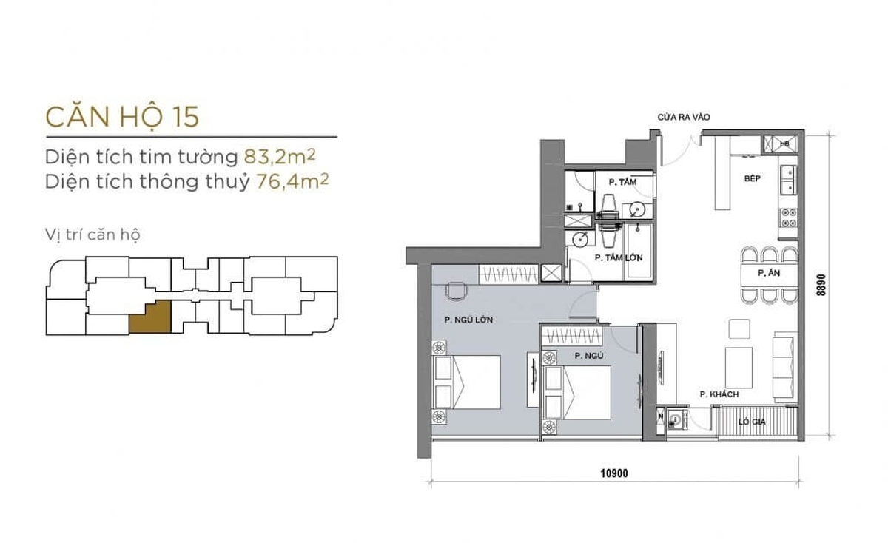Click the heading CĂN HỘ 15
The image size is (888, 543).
pos(122,117)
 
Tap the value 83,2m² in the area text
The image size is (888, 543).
pos(280,156)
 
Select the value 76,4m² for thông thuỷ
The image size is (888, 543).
pos(292,181)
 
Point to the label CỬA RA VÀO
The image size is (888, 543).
pos(684,118)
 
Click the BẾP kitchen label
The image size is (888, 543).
pos(753,178)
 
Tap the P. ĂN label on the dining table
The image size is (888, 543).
pos(769,273)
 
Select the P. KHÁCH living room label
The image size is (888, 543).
pos(719,394)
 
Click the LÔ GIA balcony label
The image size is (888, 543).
pos(752,422)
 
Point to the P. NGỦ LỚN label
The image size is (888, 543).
pos(468,320)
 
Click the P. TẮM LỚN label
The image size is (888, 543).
pos(619,258)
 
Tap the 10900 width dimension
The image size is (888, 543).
pos(614,473)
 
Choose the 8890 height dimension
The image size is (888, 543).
pos(821,285)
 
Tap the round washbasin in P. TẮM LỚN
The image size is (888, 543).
pos(580,240)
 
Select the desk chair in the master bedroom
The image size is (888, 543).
pos(457,291)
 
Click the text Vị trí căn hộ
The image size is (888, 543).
pos(92,235)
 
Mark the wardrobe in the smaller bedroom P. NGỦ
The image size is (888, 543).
pos(571,336)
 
